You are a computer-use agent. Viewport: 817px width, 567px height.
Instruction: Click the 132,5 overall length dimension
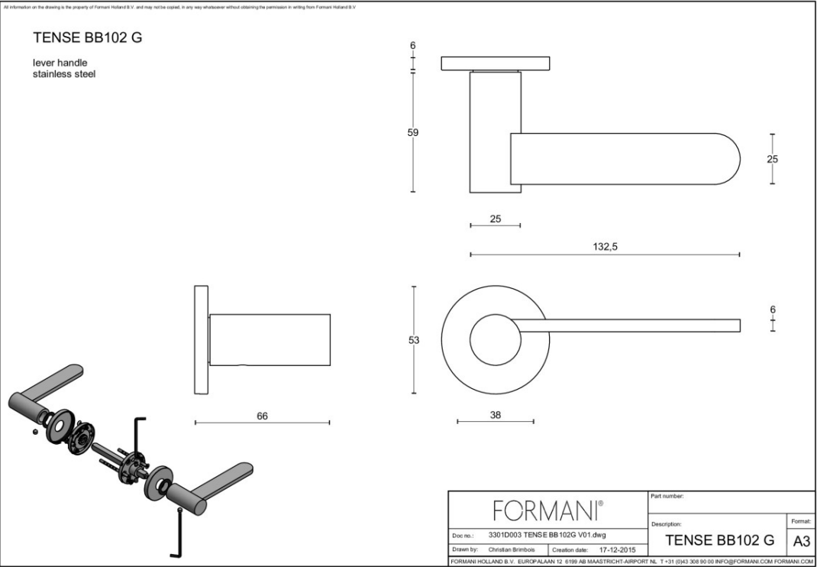click(605, 247)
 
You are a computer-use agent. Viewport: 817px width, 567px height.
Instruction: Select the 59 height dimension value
click(413, 132)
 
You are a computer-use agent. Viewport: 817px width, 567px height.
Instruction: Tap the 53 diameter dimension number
click(413, 341)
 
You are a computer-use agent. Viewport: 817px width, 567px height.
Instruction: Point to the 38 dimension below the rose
click(495, 415)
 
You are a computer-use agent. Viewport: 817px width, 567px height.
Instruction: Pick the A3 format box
click(802, 541)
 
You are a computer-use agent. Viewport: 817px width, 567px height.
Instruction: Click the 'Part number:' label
click(667, 496)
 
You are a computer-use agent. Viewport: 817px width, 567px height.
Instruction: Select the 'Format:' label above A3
click(801, 521)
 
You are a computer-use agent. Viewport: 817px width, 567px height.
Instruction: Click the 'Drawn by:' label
click(465, 549)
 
